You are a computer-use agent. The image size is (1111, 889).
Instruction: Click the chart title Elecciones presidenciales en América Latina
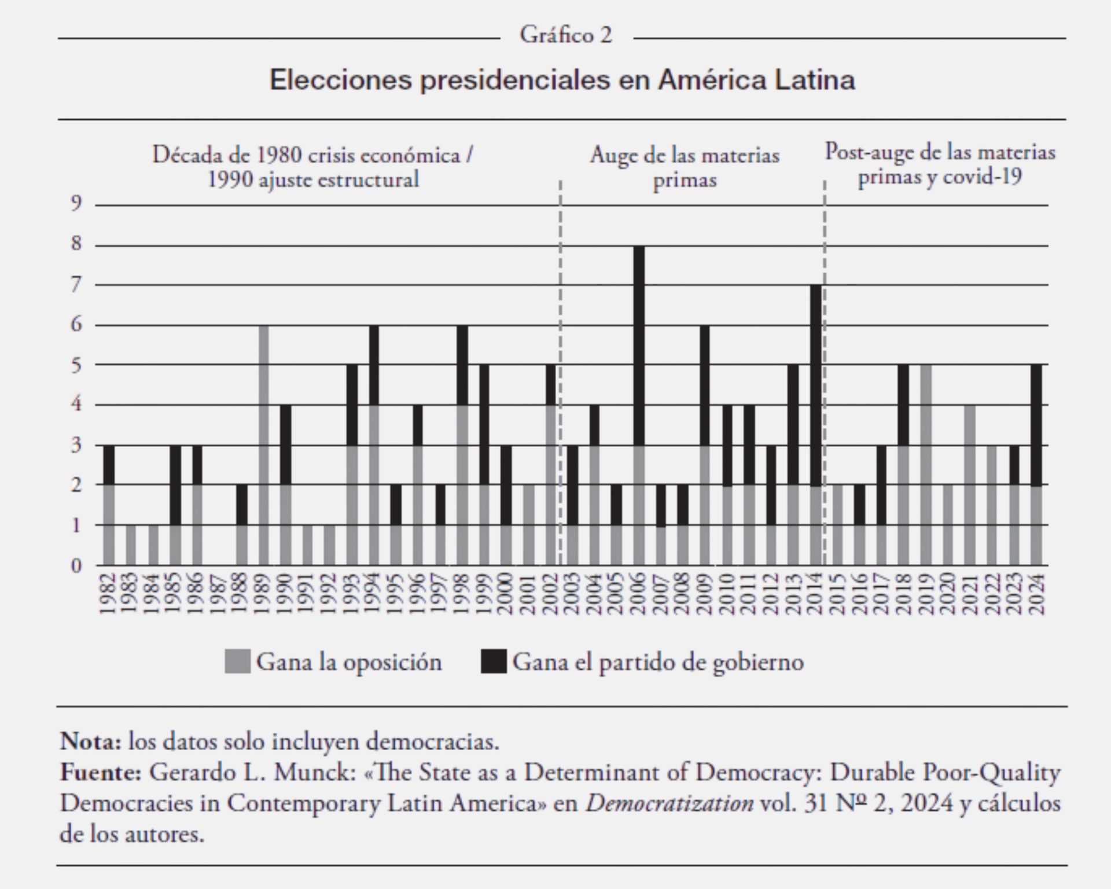pos(562,80)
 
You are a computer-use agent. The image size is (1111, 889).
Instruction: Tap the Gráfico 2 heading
pos(565,35)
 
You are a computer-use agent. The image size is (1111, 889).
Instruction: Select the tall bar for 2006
pos(639,405)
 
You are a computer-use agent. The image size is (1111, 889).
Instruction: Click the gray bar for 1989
pos(264,446)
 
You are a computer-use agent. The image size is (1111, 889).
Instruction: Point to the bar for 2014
pos(816,425)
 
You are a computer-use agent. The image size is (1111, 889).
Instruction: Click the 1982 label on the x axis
pos(108,594)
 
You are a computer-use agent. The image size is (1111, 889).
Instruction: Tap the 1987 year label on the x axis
pos(219,594)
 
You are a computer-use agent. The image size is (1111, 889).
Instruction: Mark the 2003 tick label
pos(572,594)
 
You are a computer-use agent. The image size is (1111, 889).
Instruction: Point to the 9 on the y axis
pos(76,204)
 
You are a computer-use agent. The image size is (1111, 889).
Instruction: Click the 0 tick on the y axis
pos(76,565)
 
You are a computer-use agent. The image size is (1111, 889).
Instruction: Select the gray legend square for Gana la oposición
pos(237,662)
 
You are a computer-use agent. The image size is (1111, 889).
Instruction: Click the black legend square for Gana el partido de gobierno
pos(494,662)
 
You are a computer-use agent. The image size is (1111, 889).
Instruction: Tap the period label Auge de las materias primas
pos(685,167)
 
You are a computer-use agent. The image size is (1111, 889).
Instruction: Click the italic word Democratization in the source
pos(669,803)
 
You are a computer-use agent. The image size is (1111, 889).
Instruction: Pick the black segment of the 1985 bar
pos(175,485)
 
